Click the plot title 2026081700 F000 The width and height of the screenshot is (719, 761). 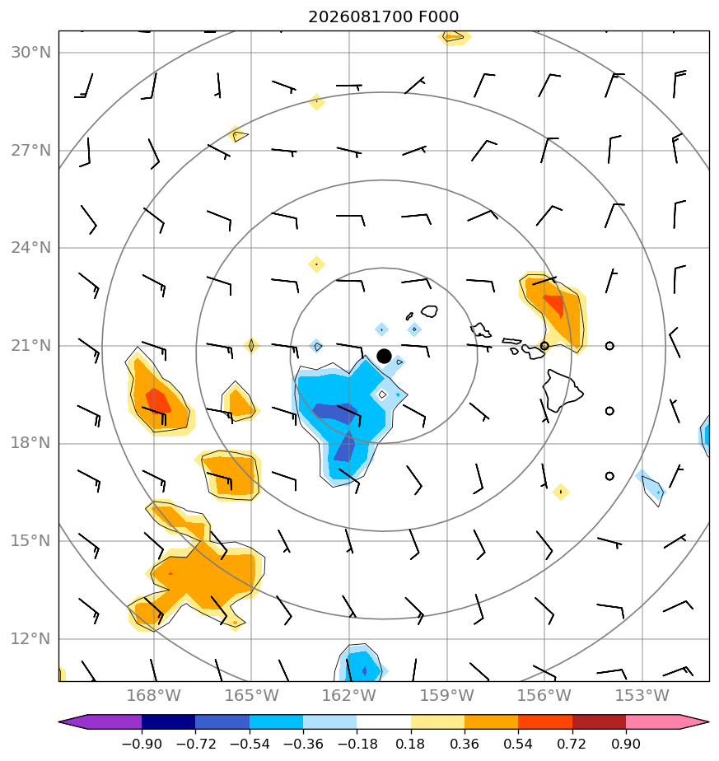tap(383, 17)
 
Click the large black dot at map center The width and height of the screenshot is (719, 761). tap(384, 357)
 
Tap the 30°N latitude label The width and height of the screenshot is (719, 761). tap(30, 53)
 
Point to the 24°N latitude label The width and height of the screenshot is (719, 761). tap(30, 248)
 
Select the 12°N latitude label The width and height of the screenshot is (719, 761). tap(30, 639)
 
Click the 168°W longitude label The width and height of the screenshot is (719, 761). tap(153, 695)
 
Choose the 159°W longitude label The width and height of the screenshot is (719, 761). tap(446, 695)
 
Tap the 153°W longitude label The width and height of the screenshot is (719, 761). tap(642, 695)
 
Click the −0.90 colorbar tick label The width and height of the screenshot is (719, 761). tap(142, 744)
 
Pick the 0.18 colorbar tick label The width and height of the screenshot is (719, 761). tap(411, 744)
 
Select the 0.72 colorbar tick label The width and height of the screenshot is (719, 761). tap(572, 744)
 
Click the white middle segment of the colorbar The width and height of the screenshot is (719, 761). tap(384, 721)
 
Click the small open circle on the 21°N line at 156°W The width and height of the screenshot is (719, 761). tap(544, 346)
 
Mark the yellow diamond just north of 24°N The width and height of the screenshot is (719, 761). tap(316, 264)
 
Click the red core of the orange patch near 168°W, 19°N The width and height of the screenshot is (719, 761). tap(158, 401)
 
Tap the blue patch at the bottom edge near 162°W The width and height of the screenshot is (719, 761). tap(360, 664)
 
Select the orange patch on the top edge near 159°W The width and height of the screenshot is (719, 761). tap(454, 37)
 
